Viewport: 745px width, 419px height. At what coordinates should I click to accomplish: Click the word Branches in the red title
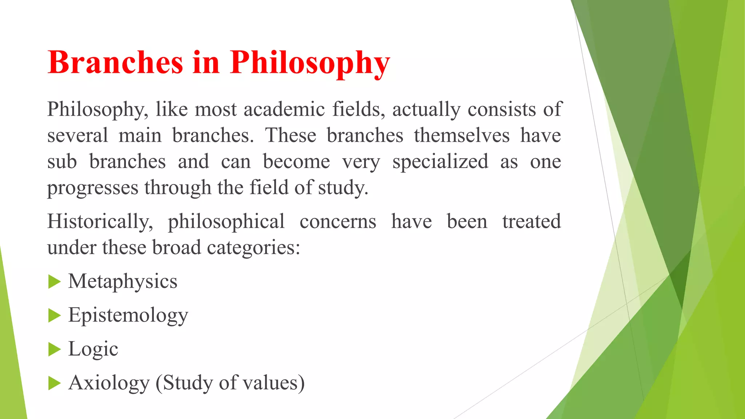coord(115,63)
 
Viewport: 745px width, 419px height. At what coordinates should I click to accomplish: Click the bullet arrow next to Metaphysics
coord(54,282)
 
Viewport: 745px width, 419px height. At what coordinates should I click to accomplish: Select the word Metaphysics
coord(123,282)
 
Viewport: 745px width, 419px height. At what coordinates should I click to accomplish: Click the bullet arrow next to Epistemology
coord(54,315)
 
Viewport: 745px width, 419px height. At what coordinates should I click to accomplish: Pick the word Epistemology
coord(128,315)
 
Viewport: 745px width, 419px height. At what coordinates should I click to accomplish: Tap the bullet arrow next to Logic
coord(54,349)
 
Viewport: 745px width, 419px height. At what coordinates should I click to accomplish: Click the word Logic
coord(93,349)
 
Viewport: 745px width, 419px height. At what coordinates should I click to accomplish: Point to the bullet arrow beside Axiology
coord(54,383)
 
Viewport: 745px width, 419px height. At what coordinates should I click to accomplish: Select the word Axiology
coord(109,383)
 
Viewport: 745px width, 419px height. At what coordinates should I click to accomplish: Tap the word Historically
coord(100,222)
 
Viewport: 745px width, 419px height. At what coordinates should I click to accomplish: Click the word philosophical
coord(226,222)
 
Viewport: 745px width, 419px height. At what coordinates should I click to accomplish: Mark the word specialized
coord(440,162)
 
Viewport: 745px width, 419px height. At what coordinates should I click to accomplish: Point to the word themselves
coord(462,136)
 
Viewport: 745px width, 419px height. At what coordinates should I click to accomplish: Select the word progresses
coord(93,188)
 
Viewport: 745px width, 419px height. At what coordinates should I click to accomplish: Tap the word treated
coord(531,222)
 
